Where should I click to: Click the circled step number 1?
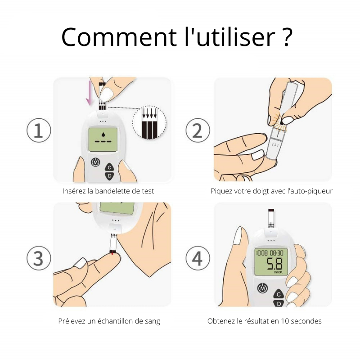coord(39,130)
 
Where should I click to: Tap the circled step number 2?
coord(198,130)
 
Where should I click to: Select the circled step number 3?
coord(39,258)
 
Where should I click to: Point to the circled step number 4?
coord(198,258)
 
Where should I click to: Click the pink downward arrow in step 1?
coord(89,93)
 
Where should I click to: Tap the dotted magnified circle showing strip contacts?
coord(149,122)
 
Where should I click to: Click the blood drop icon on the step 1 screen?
coord(103,134)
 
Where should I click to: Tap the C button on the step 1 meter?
coord(109,167)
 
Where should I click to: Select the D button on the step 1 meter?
coord(109,176)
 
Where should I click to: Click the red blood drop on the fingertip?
coord(112,253)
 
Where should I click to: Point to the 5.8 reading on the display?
coord(274,264)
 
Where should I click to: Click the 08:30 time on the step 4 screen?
coord(276,253)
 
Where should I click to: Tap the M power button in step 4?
coord(263,288)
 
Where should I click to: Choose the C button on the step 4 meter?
coord(279,294)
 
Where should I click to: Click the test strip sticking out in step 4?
coord(271,218)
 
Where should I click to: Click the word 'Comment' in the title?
coord(119,37)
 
